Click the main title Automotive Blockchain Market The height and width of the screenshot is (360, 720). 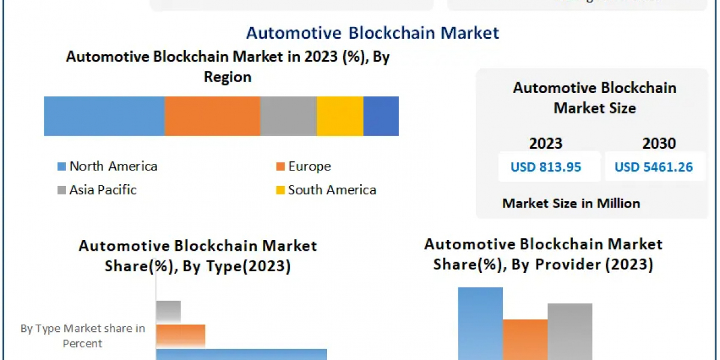[372, 32]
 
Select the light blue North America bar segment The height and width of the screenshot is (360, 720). [104, 116]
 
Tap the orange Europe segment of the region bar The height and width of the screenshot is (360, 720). [212, 116]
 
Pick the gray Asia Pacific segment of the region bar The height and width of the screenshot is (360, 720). [289, 116]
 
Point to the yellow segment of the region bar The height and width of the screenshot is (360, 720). [340, 116]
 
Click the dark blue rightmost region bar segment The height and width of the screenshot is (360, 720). [381, 116]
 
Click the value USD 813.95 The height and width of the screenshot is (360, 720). [546, 167]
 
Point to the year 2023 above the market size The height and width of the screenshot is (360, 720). [545, 143]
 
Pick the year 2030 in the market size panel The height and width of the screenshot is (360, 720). [659, 143]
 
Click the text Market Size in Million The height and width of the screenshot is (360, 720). [571, 203]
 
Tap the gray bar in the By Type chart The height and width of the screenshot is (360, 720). [169, 311]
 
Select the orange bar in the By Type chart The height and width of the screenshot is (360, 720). [181, 335]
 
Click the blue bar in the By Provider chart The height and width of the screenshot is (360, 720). [480, 324]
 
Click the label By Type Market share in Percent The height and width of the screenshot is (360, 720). [83, 336]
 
